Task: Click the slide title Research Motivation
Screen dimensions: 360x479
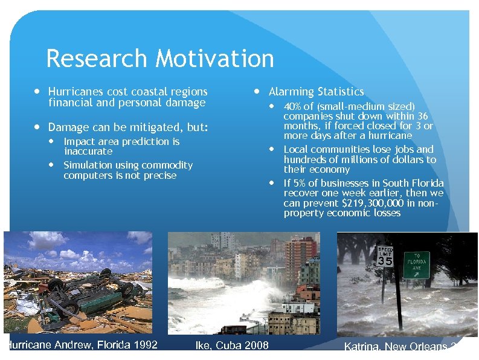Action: [159, 59]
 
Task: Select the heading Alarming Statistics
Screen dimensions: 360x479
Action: [316, 92]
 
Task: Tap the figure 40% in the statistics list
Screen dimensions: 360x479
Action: [293, 106]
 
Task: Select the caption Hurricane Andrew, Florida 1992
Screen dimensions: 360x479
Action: [82, 345]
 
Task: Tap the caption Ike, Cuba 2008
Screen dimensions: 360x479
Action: [233, 346]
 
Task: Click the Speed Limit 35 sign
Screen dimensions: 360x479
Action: [385, 257]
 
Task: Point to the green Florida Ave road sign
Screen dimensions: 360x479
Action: [416, 265]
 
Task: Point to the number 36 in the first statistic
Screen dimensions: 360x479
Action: [423, 116]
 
